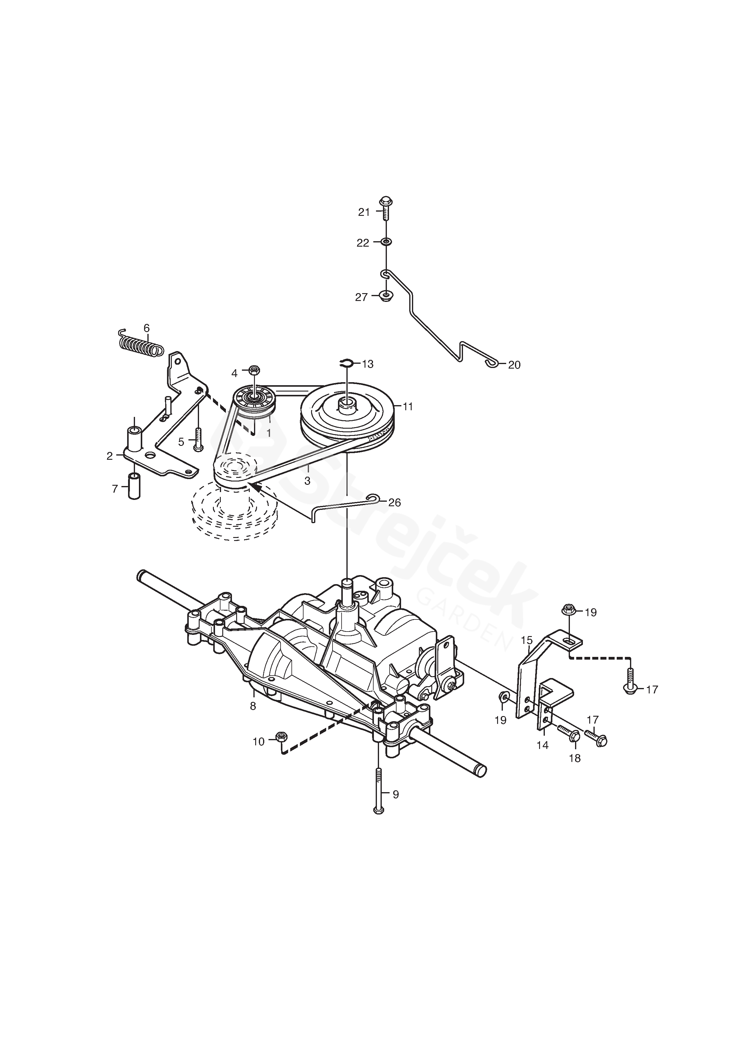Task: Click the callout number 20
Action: tap(514, 365)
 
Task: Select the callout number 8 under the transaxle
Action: tap(253, 706)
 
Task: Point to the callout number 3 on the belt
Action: tap(307, 481)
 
